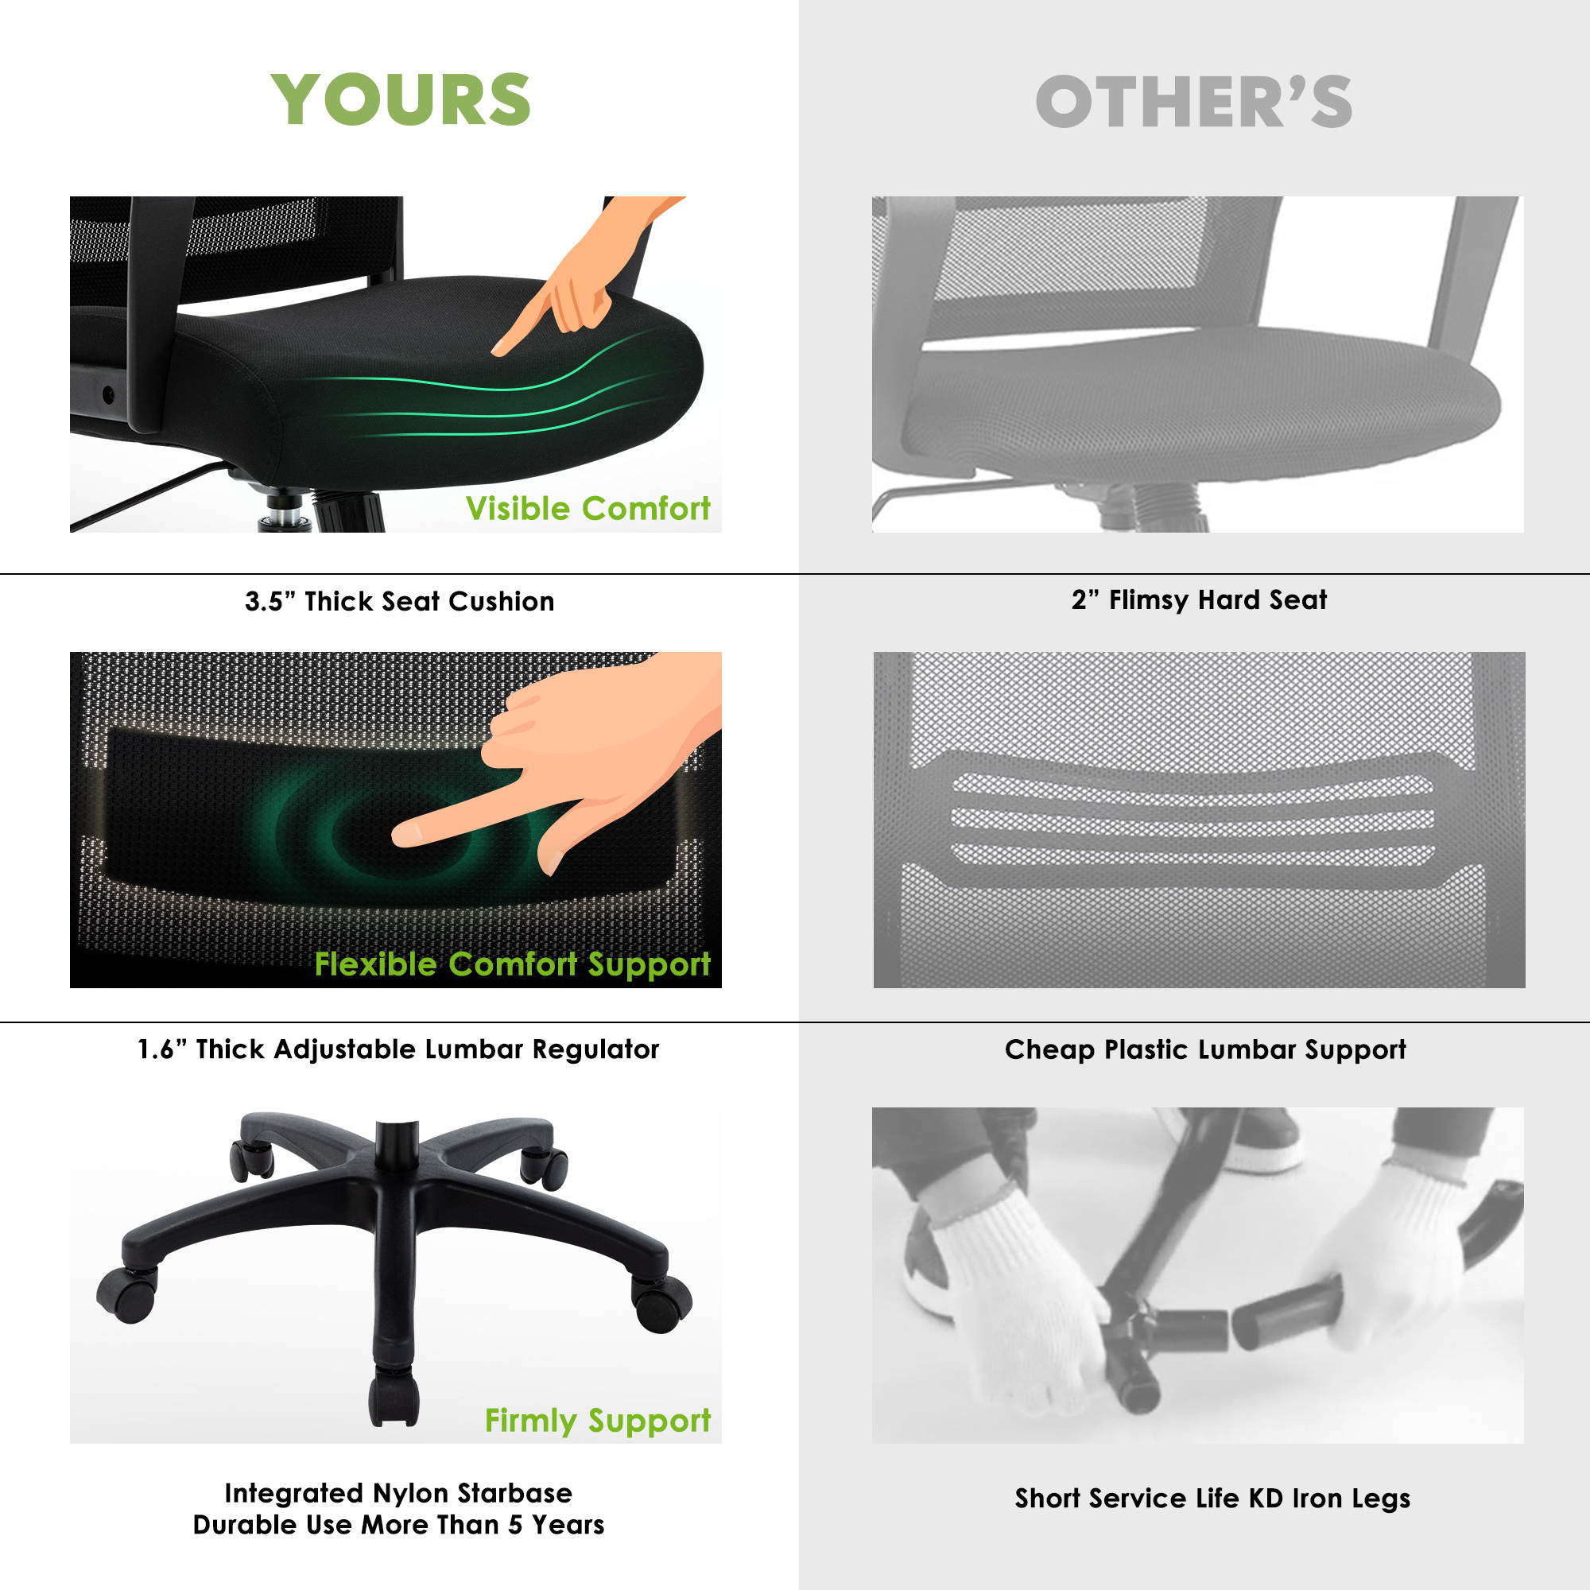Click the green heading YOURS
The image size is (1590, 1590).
point(400,99)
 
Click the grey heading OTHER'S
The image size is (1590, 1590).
point(1193,101)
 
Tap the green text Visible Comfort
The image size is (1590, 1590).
point(588,509)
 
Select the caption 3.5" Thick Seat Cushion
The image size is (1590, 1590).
point(399,602)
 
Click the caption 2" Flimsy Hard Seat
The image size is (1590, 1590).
point(1199,600)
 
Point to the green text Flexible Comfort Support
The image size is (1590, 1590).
point(512,964)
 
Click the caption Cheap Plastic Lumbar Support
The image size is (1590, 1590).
point(1205,1050)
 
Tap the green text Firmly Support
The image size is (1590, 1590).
point(598,1421)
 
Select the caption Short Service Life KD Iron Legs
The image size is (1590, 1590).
point(1212,1498)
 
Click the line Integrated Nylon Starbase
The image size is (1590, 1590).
point(398,1493)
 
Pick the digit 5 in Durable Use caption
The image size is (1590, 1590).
point(514,1525)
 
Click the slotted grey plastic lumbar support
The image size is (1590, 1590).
point(1193,818)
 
